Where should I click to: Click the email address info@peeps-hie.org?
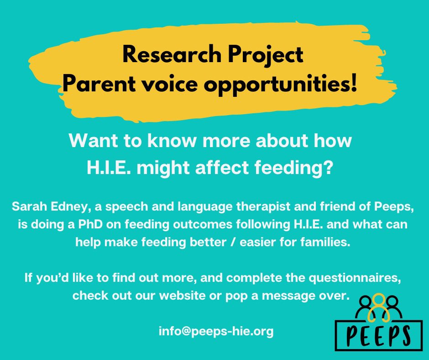point(216,331)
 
